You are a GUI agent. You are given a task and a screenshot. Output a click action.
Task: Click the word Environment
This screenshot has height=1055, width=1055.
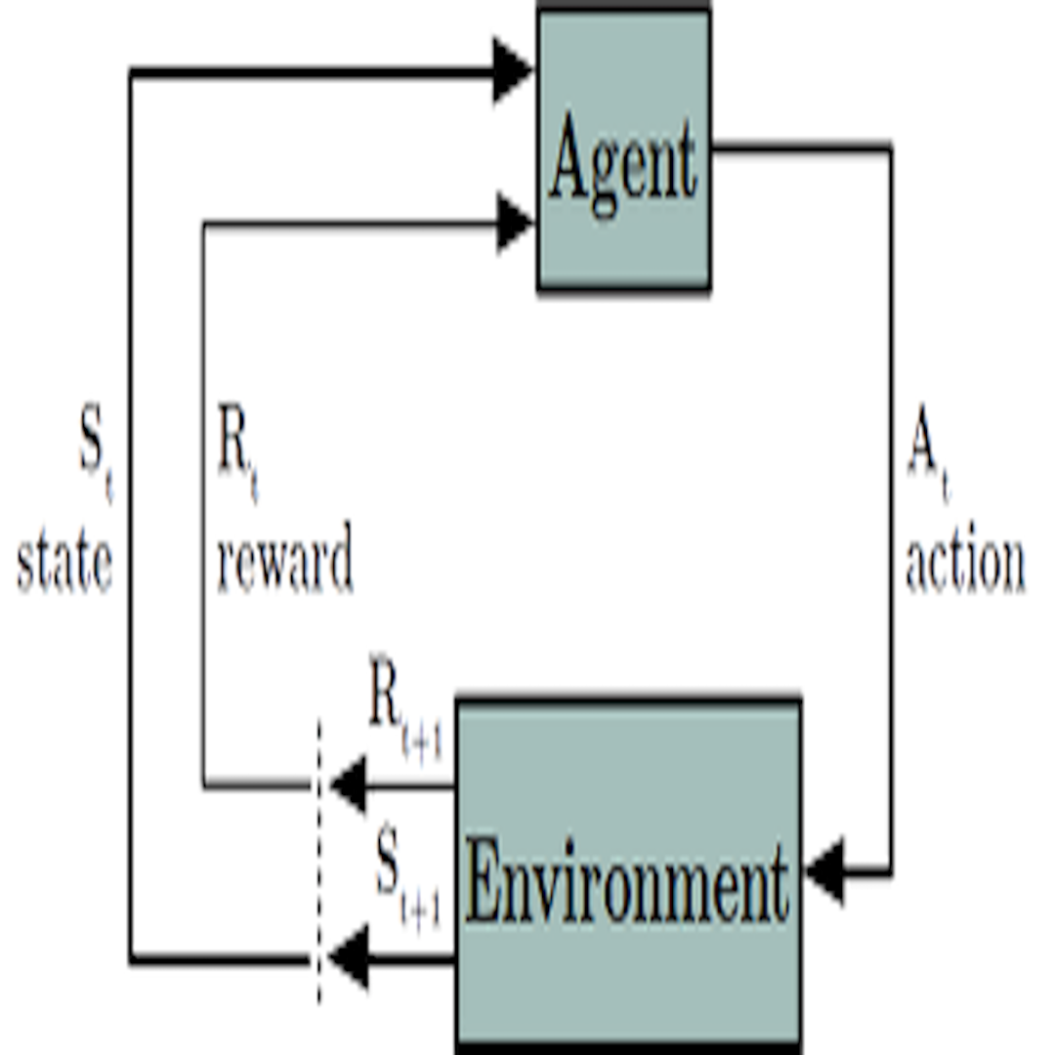(x=627, y=884)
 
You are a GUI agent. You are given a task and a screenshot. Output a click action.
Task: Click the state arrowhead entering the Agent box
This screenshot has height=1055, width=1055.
(x=512, y=70)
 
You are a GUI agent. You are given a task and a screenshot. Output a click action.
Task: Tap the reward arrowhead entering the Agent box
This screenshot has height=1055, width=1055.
(x=514, y=224)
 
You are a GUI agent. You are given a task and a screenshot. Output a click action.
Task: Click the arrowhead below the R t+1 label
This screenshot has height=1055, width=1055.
(x=348, y=784)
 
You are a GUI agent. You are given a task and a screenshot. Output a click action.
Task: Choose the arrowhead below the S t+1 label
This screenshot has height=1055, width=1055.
(x=348, y=958)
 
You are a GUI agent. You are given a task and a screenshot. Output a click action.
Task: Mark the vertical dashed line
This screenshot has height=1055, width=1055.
(x=317, y=860)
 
